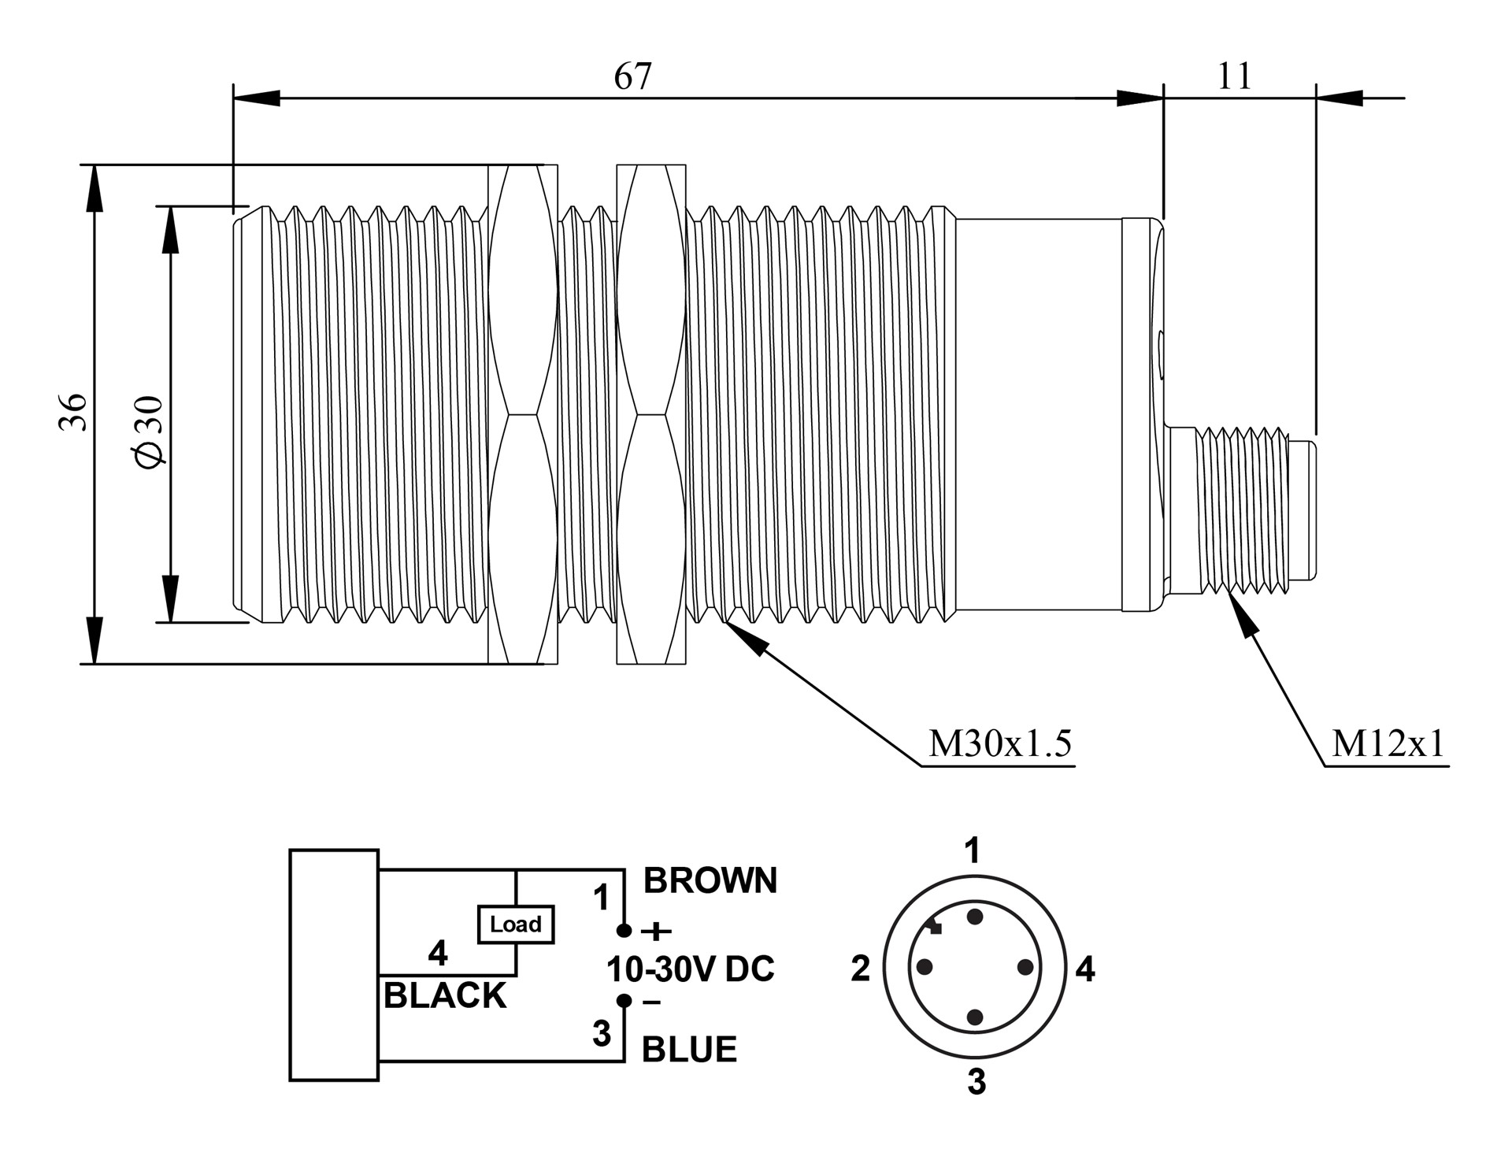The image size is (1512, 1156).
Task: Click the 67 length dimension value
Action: [633, 76]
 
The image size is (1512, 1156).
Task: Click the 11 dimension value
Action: [1234, 76]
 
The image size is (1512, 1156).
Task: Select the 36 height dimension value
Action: [72, 412]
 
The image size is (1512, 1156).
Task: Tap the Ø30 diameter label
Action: [150, 432]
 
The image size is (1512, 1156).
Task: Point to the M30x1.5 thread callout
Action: [1000, 743]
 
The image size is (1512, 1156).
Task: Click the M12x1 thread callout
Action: [1388, 743]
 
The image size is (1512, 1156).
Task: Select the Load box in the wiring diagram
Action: [516, 924]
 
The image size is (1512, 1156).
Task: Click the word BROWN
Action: [710, 880]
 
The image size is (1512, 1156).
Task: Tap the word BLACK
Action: [445, 996]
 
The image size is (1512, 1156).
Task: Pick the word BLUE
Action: [689, 1050]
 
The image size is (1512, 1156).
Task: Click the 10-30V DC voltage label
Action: [691, 969]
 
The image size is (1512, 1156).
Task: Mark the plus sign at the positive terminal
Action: [656, 932]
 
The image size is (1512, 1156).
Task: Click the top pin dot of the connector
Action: [975, 917]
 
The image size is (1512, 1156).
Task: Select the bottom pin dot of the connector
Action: [975, 1017]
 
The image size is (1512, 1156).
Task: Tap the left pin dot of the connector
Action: [925, 966]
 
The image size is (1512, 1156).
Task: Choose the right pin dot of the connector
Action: [1025, 966]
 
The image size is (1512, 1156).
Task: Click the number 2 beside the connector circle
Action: [860, 969]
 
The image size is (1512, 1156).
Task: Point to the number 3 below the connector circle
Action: [976, 1083]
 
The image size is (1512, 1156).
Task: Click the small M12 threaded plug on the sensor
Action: [1240, 510]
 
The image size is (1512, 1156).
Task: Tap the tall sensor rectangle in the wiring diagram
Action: [334, 965]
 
